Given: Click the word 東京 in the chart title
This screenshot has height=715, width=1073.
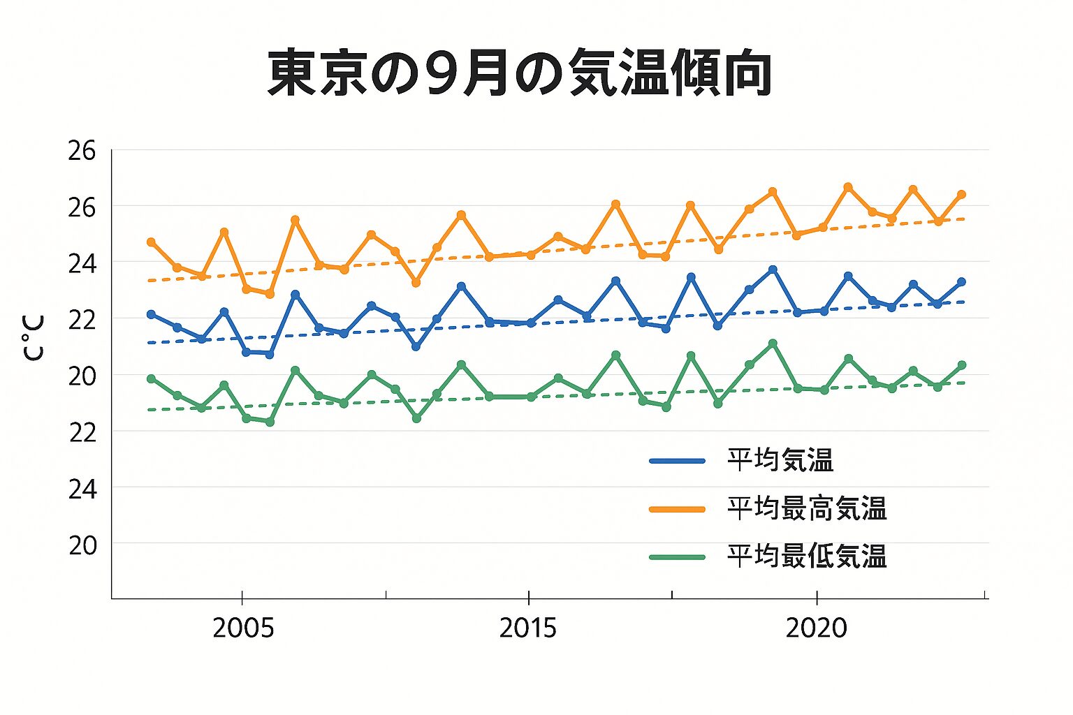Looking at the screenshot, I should (319, 73).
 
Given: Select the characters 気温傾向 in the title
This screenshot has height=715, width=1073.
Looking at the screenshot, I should (670, 73).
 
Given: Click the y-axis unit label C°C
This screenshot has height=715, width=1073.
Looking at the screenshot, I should (34, 337).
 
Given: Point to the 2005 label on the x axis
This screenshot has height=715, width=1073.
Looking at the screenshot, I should (243, 628).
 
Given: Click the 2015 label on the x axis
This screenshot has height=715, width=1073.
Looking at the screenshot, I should (528, 628).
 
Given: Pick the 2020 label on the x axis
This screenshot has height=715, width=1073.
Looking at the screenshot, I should (816, 628).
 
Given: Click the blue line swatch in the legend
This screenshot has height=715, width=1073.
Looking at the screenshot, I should (677, 461).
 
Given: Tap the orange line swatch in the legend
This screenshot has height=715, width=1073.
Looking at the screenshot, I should (677, 509).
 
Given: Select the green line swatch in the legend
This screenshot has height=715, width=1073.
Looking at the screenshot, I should (677, 557).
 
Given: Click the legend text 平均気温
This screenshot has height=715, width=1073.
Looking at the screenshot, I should (780, 461).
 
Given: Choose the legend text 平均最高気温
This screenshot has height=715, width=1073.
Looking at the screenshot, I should (807, 509).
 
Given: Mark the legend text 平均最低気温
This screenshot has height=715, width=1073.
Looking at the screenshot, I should (807, 557).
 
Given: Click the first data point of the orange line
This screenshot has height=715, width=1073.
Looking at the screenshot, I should (151, 242).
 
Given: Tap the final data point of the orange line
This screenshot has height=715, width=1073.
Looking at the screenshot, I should (961, 194).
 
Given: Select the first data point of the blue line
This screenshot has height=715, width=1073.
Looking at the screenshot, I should (151, 314).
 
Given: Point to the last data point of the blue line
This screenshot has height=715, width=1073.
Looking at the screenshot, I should (961, 282).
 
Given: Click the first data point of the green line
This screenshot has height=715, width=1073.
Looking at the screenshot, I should (151, 378).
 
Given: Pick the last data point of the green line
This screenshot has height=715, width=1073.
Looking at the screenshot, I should (961, 365).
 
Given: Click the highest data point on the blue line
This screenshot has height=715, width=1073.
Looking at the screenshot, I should (773, 270).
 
